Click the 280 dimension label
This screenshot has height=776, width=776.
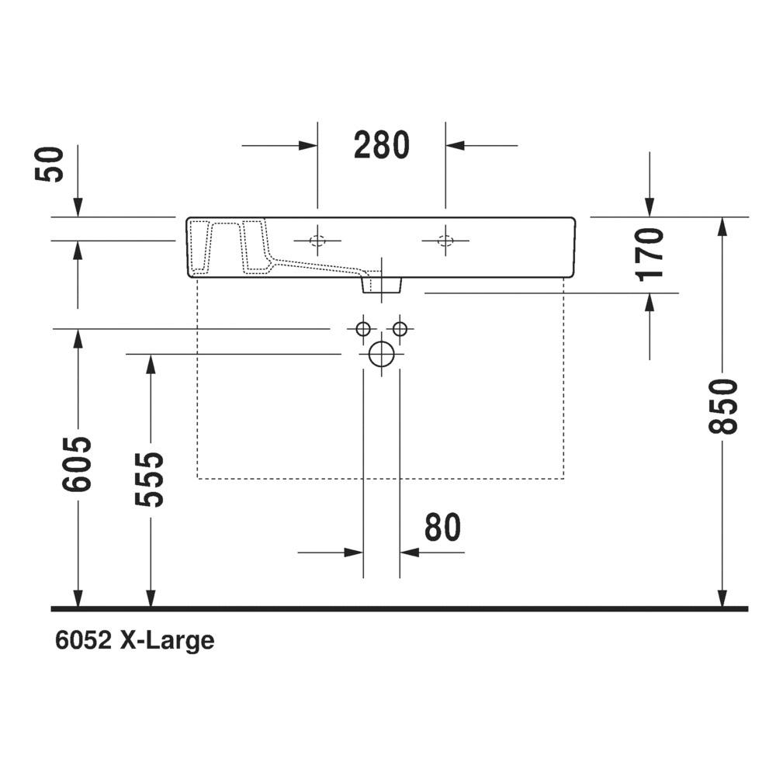coord(382,145)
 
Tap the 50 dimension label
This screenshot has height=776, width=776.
coord(50,165)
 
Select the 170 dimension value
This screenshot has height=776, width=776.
coord(650,255)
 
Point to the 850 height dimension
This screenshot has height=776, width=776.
coord(722,407)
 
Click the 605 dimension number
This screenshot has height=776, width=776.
coord(77,464)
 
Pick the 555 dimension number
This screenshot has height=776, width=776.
coord(149,479)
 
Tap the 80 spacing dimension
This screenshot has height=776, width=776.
coord(442,527)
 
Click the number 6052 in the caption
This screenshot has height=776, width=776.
coord(83,640)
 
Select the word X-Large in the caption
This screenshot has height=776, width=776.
coord(168,642)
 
